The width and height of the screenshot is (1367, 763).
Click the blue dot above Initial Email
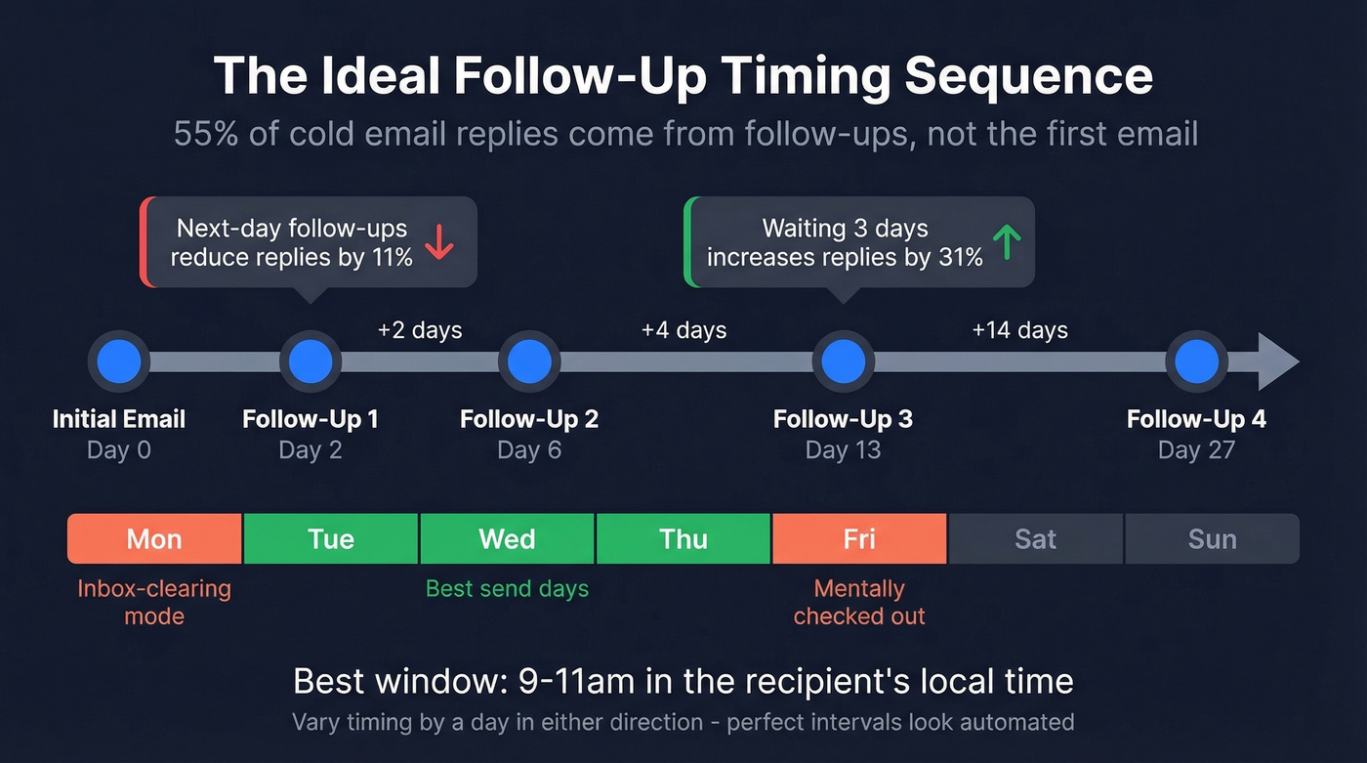pyautogui.click(x=118, y=361)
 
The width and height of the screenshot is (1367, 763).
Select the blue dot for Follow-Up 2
pyautogui.click(x=529, y=361)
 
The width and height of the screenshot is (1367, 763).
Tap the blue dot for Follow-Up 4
pyautogui.click(x=1196, y=361)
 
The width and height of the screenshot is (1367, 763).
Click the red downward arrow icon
pyautogui.click(x=439, y=241)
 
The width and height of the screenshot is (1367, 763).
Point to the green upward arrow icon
pyautogui.click(x=1006, y=241)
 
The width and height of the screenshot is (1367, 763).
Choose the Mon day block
pyautogui.click(x=154, y=539)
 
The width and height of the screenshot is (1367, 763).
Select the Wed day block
pyautogui.click(x=507, y=539)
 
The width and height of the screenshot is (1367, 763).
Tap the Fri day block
pyautogui.click(x=859, y=539)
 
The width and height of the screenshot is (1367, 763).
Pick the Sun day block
pyautogui.click(x=1212, y=539)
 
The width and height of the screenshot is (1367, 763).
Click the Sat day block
pyautogui.click(x=1035, y=539)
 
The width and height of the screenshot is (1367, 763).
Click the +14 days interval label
pyautogui.click(x=1019, y=330)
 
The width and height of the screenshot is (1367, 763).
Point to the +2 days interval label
pyautogui.click(x=420, y=330)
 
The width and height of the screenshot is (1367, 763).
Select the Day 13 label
pyautogui.click(x=843, y=450)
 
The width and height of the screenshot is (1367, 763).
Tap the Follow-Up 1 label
pyautogui.click(x=311, y=419)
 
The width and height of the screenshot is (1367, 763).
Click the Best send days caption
pyautogui.click(x=507, y=589)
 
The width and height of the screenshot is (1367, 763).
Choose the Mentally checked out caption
pyautogui.click(x=859, y=603)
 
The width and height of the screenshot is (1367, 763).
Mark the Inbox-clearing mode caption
pyautogui.click(x=154, y=603)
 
